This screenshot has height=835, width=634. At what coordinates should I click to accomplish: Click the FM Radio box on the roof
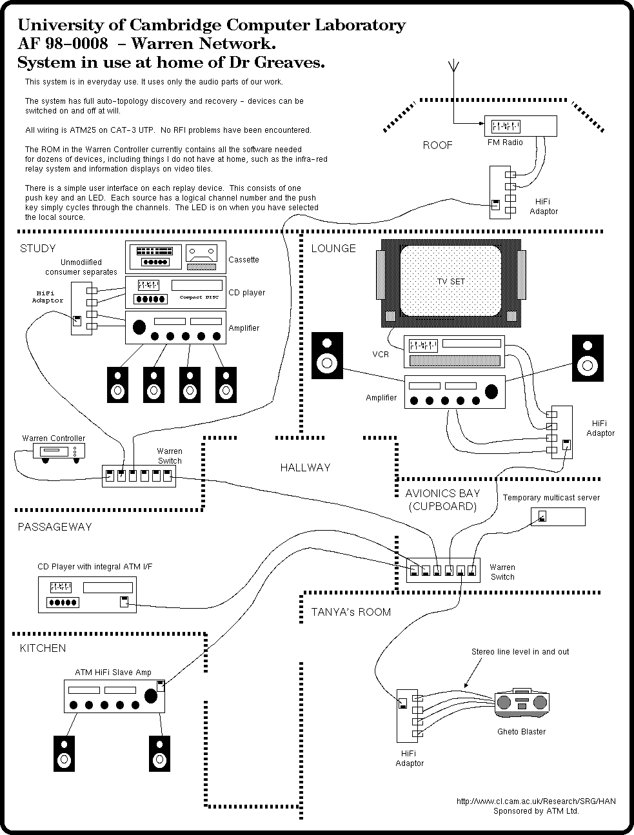(x=520, y=126)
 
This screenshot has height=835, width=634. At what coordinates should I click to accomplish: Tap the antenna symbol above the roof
(x=453, y=66)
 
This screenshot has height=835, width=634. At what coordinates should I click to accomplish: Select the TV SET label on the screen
(x=451, y=282)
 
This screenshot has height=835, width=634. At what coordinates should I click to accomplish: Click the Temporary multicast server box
(x=557, y=516)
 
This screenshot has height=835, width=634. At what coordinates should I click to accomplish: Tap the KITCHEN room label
(x=43, y=648)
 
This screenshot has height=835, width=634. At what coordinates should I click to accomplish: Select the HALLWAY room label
(x=305, y=467)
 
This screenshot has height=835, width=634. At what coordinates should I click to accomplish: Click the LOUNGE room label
(x=333, y=248)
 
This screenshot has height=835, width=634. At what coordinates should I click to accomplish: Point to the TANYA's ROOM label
(x=351, y=612)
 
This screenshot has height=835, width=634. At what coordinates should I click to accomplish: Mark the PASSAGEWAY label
(x=54, y=527)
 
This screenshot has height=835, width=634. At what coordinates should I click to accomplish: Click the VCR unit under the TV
(x=453, y=352)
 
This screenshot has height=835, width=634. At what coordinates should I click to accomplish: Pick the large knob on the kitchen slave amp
(x=152, y=696)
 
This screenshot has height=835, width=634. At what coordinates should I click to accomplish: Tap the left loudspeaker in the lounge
(x=327, y=355)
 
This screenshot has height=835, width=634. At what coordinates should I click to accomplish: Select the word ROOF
(x=437, y=145)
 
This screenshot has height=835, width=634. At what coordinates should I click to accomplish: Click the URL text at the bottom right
(x=536, y=801)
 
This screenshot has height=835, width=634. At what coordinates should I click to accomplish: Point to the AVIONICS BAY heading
(x=442, y=493)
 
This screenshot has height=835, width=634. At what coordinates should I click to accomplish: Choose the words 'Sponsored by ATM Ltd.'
(x=536, y=811)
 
